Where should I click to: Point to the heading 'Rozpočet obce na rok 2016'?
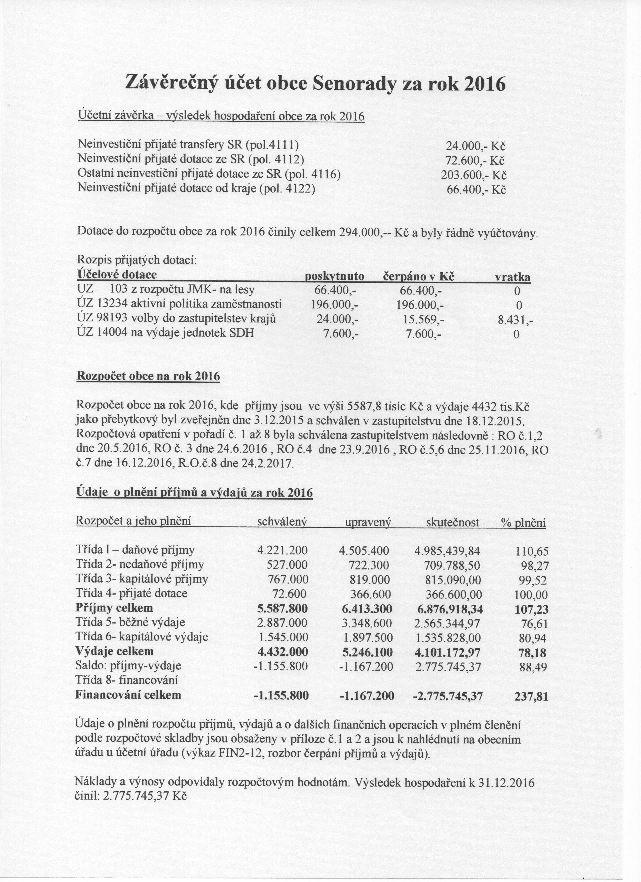148,376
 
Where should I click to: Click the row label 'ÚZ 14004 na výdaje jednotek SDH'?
166,334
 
